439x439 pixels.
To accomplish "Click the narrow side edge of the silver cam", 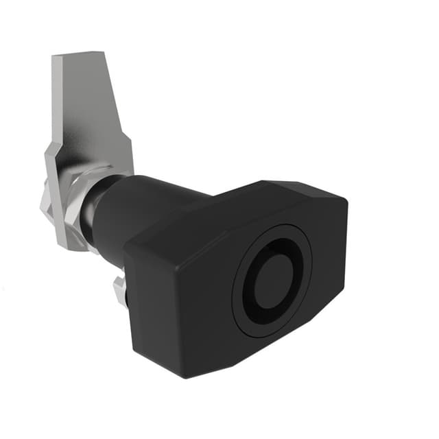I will (56, 103).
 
